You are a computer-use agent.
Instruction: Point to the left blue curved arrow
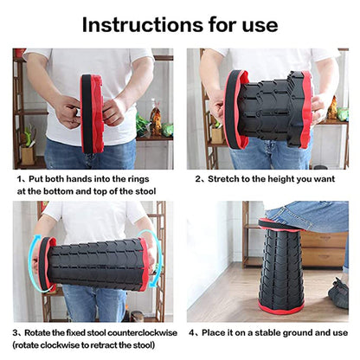click(33, 260)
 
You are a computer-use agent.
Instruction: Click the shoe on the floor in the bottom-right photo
click(339, 294)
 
